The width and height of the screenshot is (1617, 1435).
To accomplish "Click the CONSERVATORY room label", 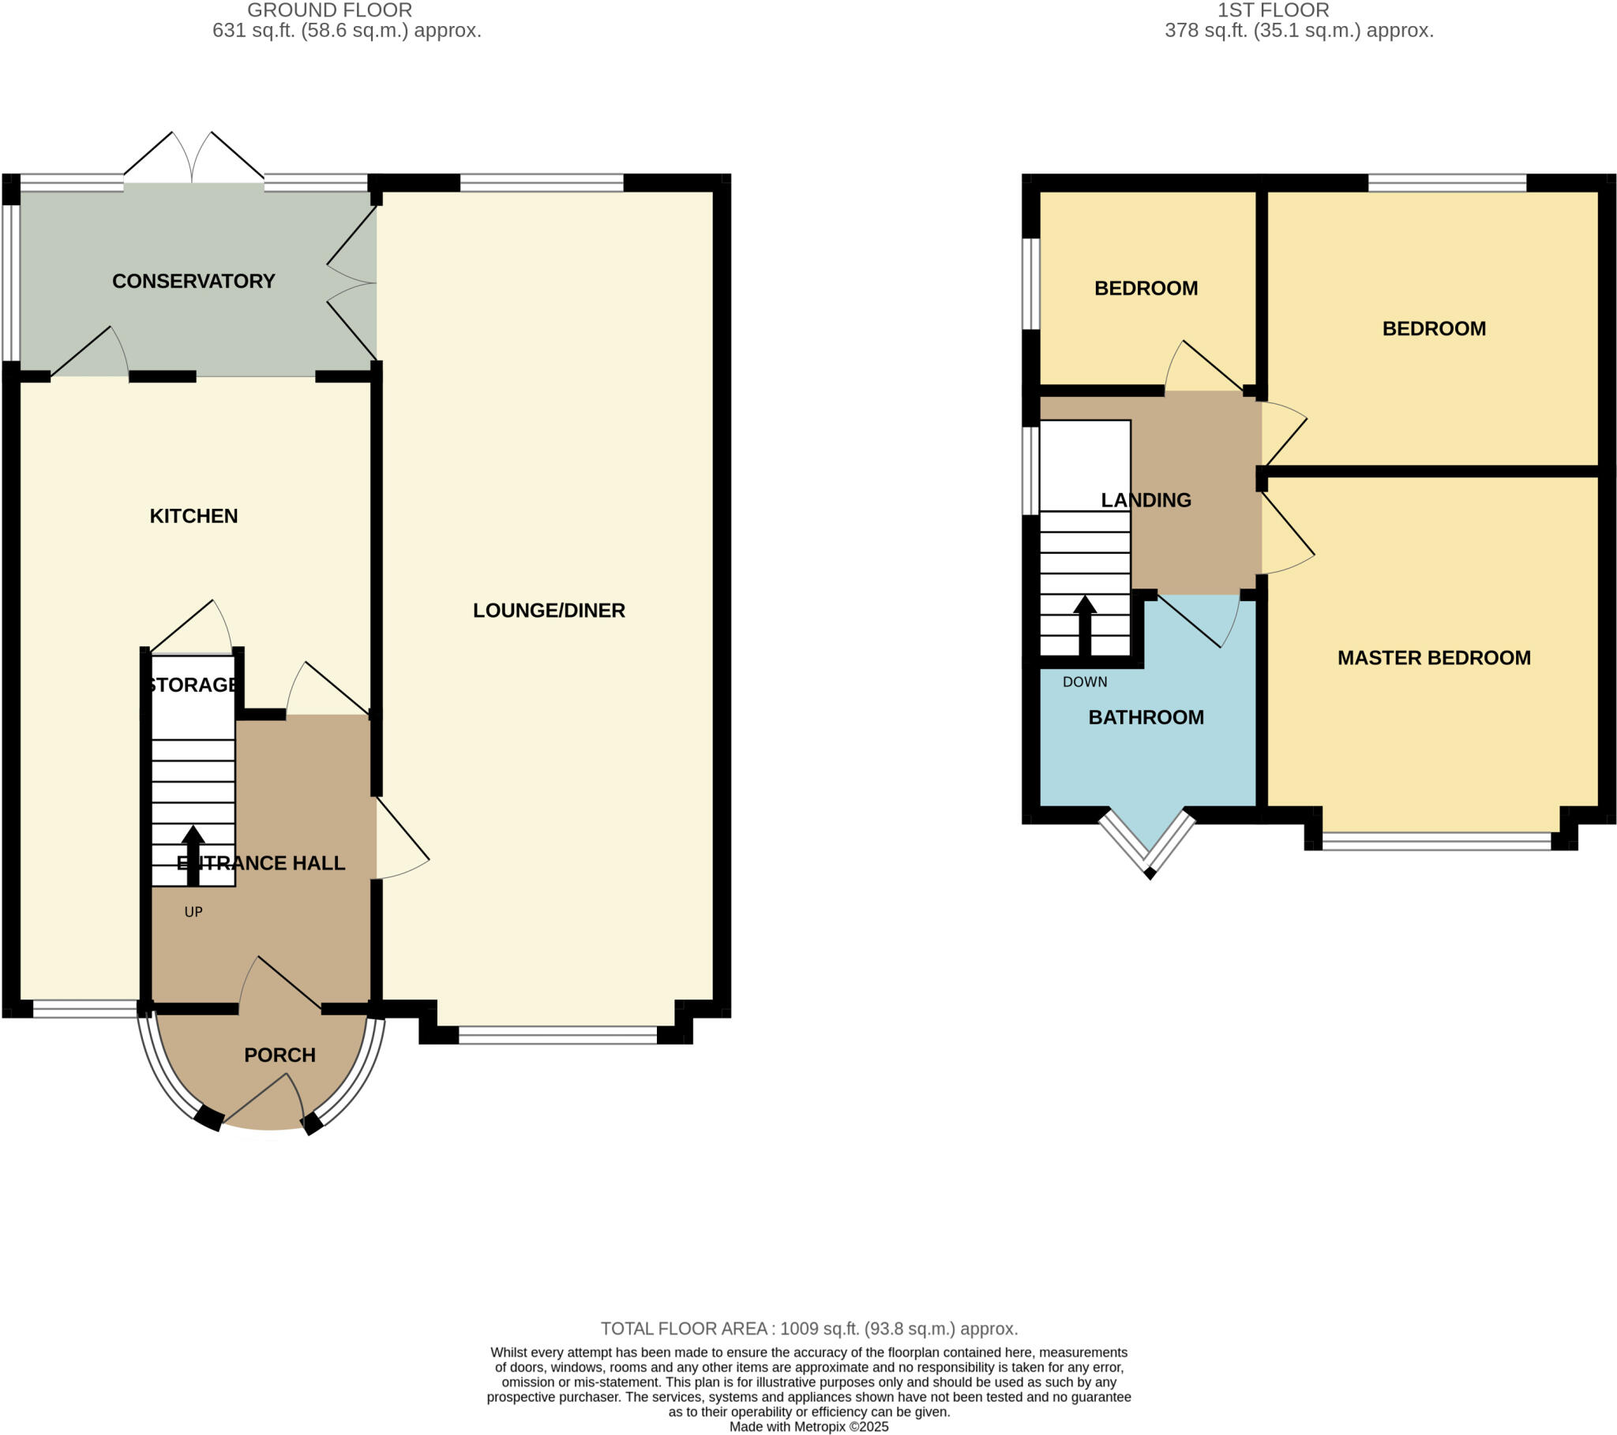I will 193,281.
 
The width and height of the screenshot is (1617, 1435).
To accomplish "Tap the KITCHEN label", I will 193,515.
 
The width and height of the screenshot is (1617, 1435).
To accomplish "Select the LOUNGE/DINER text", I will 548,610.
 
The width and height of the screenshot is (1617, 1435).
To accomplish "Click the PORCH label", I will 280,1054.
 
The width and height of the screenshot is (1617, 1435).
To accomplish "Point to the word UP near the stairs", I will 193,912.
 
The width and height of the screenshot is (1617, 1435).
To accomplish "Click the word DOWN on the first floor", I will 1084,682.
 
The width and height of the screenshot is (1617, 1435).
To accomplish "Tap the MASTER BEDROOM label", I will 1434,657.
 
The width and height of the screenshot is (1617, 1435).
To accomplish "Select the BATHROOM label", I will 1146,716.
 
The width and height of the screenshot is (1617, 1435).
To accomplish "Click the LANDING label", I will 1146,499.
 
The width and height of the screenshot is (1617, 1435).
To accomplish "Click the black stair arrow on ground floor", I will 193,854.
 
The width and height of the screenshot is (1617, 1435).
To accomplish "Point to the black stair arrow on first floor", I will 1084,625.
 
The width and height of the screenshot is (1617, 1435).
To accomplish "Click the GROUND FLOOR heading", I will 329,10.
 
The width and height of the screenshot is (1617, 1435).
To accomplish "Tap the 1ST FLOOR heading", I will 1273,10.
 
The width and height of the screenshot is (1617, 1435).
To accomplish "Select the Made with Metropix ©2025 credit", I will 808,1426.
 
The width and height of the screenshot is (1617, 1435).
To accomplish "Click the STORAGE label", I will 193,684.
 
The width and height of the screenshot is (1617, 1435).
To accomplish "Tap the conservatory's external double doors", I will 193,158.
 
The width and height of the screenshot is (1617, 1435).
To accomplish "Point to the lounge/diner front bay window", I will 557,1035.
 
